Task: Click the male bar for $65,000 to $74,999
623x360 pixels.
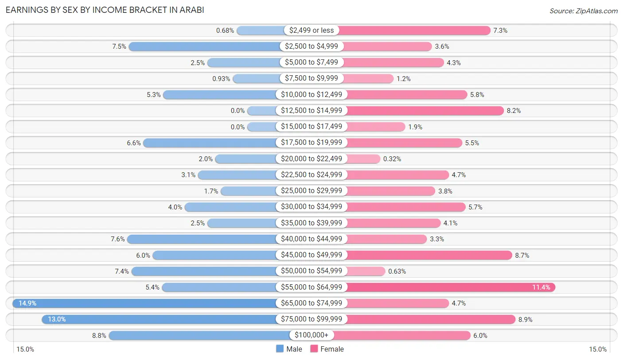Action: (x=146, y=303)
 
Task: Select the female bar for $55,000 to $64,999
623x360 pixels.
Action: (x=450, y=287)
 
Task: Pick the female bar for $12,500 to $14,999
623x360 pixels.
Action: (x=424, y=111)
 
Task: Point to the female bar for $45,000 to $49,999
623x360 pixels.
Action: (x=429, y=255)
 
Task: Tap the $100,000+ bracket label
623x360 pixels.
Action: (x=311, y=335)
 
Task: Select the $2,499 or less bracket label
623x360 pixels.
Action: (x=311, y=30)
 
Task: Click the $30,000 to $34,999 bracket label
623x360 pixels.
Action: (x=311, y=207)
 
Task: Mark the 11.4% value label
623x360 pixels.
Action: (x=541, y=287)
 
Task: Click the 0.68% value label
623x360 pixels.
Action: (x=225, y=31)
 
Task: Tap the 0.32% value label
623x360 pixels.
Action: (x=392, y=159)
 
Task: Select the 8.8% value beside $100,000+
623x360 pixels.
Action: (x=99, y=336)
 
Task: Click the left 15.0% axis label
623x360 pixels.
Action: (x=25, y=349)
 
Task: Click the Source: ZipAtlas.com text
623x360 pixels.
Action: (x=583, y=11)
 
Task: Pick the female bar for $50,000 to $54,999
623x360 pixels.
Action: (x=366, y=271)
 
